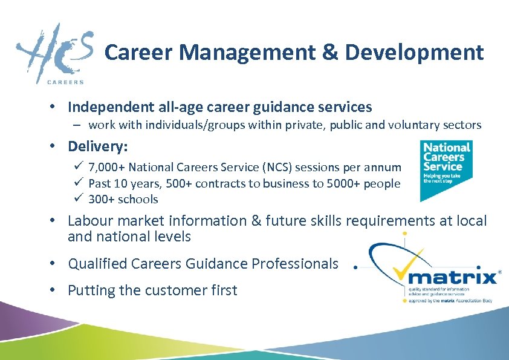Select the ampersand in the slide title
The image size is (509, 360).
[x=330, y=53]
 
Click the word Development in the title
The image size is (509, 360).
[x=415, y=53]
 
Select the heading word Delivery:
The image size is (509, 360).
[x=98, y=146]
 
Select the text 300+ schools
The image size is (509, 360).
[x=123, y=199]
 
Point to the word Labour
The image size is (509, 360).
[x=89, y=221]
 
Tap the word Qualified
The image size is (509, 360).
[x=97, y=264]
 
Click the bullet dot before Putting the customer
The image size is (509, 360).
[x=53, y=290]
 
